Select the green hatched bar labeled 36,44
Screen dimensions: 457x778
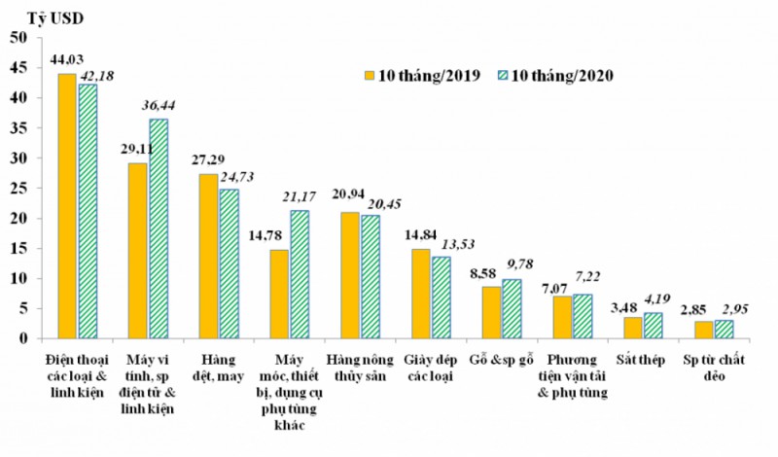coord(158,228)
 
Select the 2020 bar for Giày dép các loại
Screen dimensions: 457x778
coord(442,298)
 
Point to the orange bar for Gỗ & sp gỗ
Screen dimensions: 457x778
coord(492,312)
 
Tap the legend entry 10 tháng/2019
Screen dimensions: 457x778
coord(422,76)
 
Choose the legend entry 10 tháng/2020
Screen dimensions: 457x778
coord(557,76)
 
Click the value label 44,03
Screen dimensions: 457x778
coord(67,60)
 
